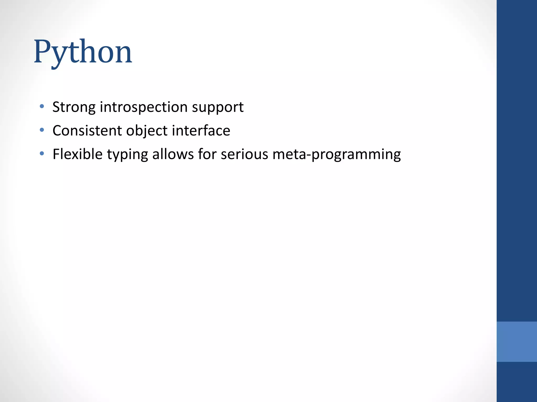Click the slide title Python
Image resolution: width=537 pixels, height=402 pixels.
click(83, 52)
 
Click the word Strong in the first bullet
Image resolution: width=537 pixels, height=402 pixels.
click(74, 107)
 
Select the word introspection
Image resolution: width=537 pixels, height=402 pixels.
click(143, 107)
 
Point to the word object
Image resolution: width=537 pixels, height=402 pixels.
click(147, 131)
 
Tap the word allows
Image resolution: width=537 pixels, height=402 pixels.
click(173, 154)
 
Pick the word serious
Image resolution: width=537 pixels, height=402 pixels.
click(244, 154)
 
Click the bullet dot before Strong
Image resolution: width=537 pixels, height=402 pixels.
click(42, 106)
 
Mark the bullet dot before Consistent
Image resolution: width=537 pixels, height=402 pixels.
click(42, 130)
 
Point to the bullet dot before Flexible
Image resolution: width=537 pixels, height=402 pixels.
click(42, 153)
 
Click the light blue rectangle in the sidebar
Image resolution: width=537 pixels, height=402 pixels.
click(517, 342)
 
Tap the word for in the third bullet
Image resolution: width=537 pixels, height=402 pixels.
click(207, 154)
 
